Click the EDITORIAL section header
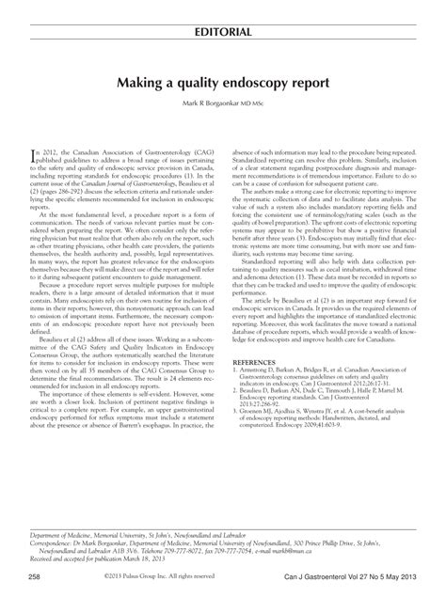[223, 32]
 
